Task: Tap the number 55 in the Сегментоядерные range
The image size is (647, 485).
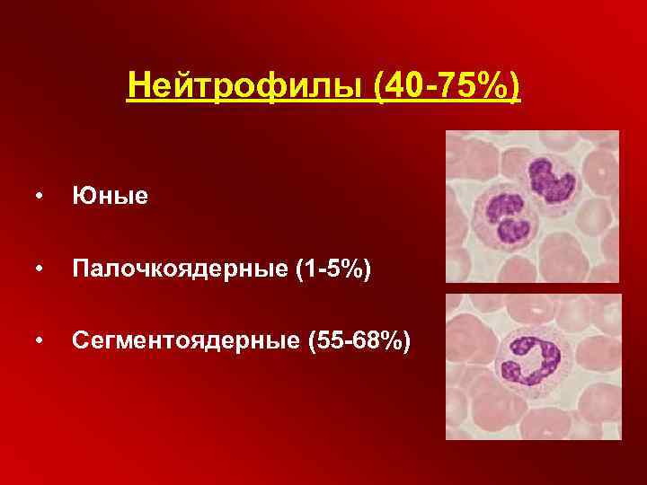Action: [x=339, y=340]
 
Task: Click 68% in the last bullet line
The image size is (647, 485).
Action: [x=381, y=340]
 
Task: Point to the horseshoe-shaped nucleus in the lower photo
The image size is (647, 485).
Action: [x=529, y=359]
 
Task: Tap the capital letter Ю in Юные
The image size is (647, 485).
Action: [x=82, y=195]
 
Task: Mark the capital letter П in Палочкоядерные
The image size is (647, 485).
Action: [x=81, y=268]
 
